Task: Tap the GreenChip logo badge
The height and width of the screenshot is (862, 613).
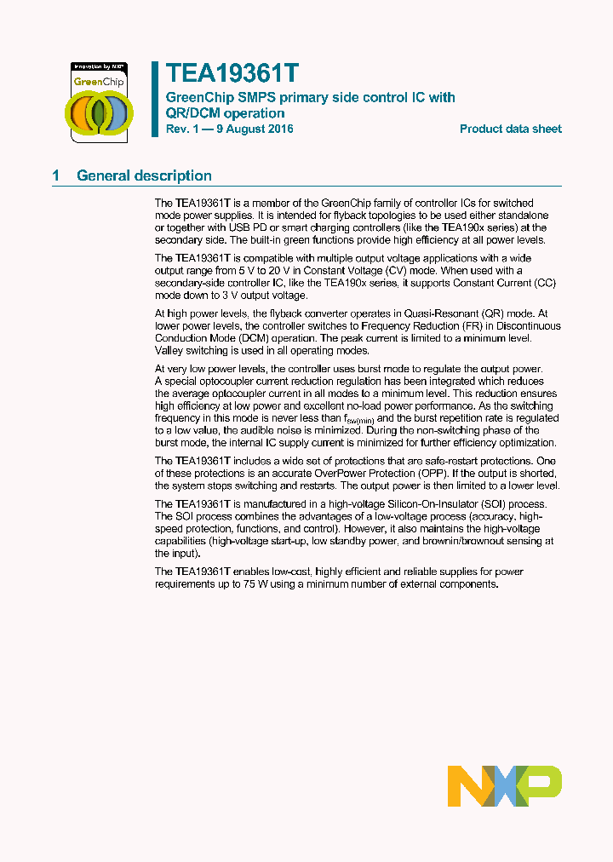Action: (98, 100)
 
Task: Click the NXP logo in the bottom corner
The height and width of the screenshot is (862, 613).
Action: (504, 786)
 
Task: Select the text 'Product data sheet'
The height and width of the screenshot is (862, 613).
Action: (510, 129)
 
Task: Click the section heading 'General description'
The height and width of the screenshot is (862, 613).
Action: (144, 176)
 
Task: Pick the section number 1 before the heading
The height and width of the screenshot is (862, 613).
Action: (56, 176)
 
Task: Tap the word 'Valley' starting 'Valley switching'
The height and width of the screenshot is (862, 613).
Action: (169, 350)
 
